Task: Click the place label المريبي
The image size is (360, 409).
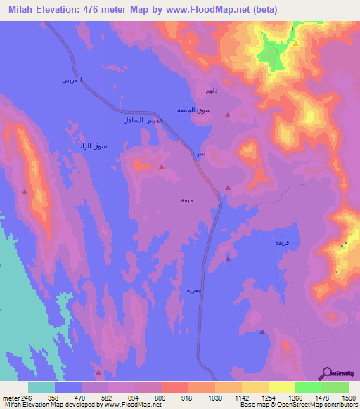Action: pyautogui.click(x=71, y=82)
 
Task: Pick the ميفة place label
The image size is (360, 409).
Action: pyautogui.click(x=186, y=200)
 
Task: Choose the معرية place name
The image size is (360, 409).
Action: pyautogui.click(x=194, y=289)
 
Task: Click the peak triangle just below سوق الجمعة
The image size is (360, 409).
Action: pyautogui.click(x=227, y=115)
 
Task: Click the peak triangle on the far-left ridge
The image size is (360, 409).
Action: pyautogui.click(x=25, y=190)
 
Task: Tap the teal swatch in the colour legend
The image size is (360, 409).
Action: pyautogui.click(x=41, y=387)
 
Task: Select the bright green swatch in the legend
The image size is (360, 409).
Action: pyautogui.click(x=309, y=387)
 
